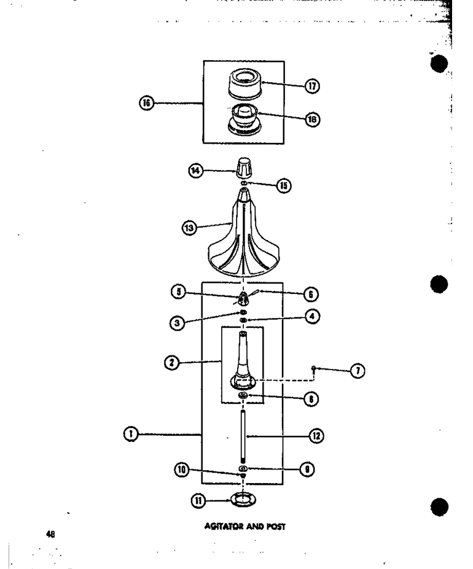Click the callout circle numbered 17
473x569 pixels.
312,86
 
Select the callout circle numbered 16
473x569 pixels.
147,103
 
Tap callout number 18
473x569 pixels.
312,119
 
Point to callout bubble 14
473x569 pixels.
196,171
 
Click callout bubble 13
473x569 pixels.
189,228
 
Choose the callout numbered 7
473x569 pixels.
358,371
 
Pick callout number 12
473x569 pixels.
316,435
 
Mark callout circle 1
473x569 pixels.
131,434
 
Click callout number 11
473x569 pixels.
198,501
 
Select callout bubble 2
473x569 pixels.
172,362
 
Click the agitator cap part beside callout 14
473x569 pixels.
243,168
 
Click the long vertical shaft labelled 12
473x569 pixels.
243,435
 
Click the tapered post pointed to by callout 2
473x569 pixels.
243,359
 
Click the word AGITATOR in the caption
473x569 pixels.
224,526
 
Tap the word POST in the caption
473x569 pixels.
276,526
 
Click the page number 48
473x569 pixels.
50,534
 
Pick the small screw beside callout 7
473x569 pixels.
313,369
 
